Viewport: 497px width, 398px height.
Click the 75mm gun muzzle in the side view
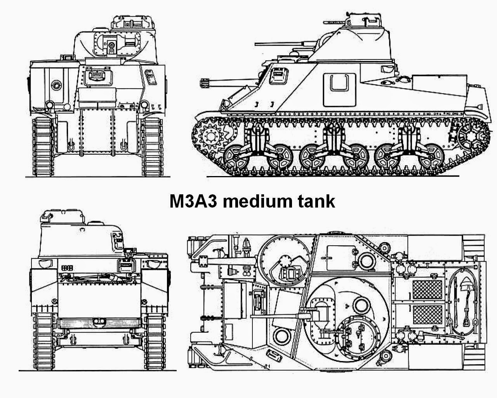202,82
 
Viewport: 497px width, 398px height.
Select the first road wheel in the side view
235,158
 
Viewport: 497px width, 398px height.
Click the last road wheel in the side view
433,157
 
